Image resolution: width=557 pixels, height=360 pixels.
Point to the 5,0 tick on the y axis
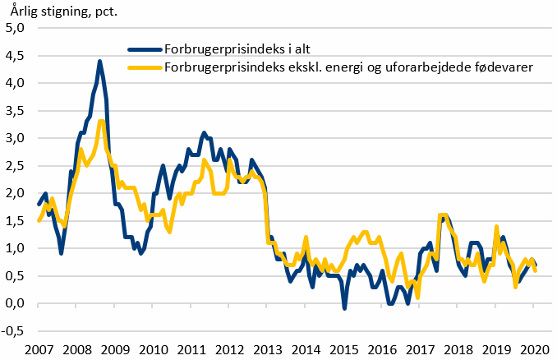point(17,28)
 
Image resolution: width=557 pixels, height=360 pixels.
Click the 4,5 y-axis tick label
point(17,83)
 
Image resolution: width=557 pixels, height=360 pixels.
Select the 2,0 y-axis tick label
point(17,193)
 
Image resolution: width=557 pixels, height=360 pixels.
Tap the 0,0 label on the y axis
point(17,303)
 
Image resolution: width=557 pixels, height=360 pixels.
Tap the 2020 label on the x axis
point(533,348)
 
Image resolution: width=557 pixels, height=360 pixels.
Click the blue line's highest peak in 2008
point(99,61)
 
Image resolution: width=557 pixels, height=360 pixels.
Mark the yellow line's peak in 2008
point(100,122)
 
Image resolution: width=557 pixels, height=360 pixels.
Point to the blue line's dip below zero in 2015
point(344,308)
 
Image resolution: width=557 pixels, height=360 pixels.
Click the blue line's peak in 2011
point(204,132)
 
